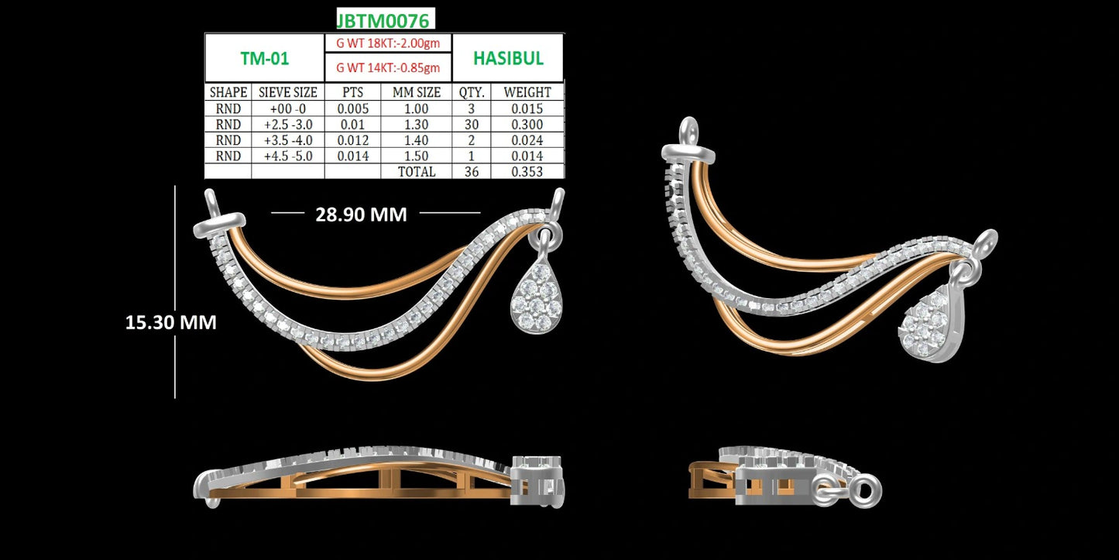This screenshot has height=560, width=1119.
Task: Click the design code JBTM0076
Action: (383, 20)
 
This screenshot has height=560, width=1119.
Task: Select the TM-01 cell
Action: (265, 58)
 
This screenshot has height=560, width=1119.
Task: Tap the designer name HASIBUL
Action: (508, 58)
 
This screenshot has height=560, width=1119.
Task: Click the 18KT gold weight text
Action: (388, 43)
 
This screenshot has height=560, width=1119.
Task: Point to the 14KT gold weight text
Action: (388, 67)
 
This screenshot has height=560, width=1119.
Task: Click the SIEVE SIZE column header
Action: (288, 92)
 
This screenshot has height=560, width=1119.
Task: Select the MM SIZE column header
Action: (416, 92)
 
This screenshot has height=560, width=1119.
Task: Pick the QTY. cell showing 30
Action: (471, 125)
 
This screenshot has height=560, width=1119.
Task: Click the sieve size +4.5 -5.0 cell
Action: (288, 156)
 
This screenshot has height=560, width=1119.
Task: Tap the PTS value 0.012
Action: (352, 140)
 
